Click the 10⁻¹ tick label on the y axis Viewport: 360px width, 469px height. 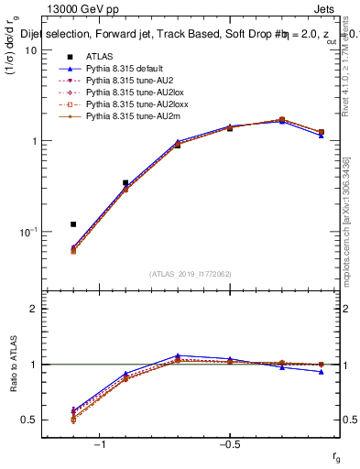[28, 232]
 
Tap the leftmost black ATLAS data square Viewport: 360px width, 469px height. [73, 224]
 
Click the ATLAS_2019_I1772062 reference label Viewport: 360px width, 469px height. [191, 273]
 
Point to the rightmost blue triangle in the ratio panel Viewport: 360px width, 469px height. [321, 372]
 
